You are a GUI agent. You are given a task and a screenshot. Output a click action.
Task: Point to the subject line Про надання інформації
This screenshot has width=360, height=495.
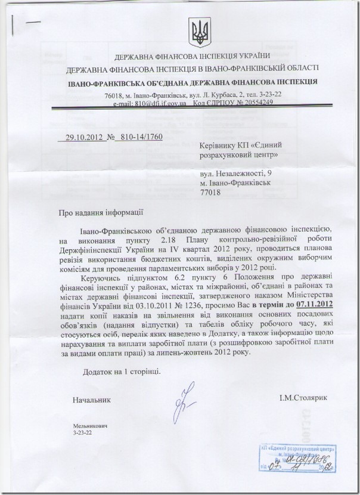[101, 212]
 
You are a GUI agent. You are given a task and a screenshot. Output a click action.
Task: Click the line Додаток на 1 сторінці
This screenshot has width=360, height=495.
[121, 371]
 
